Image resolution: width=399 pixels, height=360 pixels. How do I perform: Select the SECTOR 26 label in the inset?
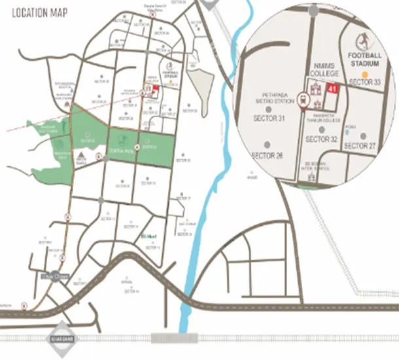[267, 156]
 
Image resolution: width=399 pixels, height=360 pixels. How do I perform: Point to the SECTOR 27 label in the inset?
[360, 145]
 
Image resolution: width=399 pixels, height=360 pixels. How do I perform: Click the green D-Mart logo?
[147, 237]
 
